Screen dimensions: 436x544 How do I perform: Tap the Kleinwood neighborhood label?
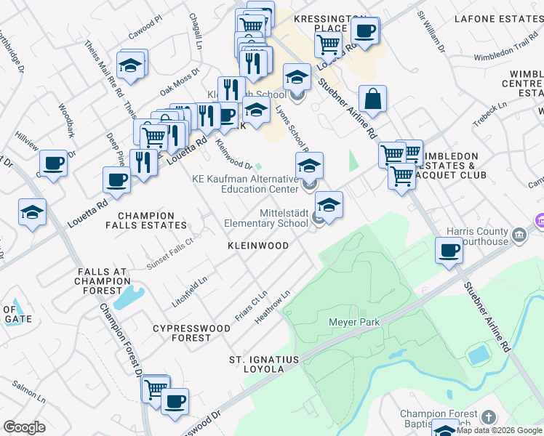tap(258, 246)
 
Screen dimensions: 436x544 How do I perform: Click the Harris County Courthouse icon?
tap(519, 234)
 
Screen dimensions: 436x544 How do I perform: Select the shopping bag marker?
tap(372, 100)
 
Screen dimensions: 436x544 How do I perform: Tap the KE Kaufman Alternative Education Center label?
tap(244, 184)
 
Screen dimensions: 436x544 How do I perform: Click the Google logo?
tap(24, 427)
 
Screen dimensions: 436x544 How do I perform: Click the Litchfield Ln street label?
tap(190, 286)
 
